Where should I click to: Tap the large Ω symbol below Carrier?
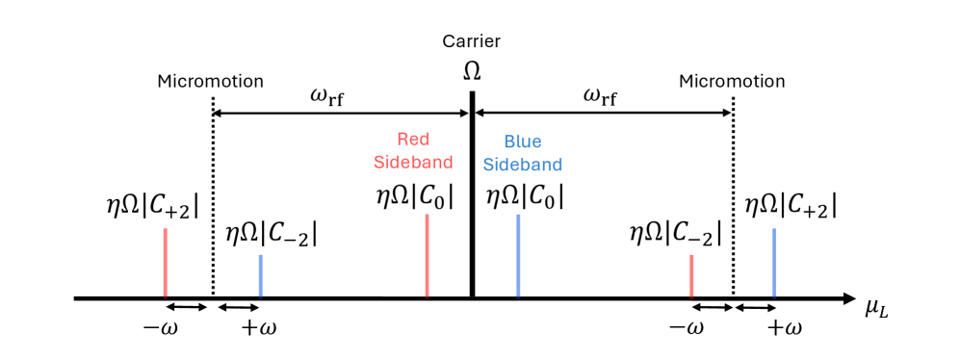472,70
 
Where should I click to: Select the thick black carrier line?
472,193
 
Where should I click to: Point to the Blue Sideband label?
522,152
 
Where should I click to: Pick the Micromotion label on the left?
210,81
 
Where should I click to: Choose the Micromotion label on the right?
731,81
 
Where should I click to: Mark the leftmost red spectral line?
166,262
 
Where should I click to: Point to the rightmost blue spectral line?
774,262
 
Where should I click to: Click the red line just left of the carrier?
427,255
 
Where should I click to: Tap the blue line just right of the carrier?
518,255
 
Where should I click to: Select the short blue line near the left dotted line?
261,275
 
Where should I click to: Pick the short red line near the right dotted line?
691,275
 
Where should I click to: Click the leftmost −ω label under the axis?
159,328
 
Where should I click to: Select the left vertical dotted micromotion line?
213,193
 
